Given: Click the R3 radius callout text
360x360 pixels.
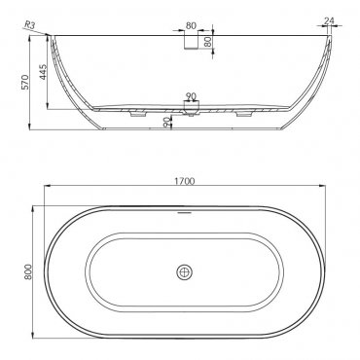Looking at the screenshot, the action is pos(29,25).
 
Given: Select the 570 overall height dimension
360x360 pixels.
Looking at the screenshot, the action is pos(25,82).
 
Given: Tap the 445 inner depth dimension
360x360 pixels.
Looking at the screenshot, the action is pos(43,72).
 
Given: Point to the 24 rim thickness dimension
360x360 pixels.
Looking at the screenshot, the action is pos(329,20).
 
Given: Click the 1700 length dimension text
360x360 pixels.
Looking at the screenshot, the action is pos(185,181).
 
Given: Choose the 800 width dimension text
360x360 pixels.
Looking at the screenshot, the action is pos(28,271).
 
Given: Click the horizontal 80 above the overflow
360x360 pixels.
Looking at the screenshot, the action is pos(191,25).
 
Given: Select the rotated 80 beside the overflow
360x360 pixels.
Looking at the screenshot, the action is pos(208,41).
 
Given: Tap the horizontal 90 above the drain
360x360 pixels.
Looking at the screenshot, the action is pos(191,96).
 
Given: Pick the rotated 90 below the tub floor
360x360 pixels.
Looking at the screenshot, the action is pos(166,122).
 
